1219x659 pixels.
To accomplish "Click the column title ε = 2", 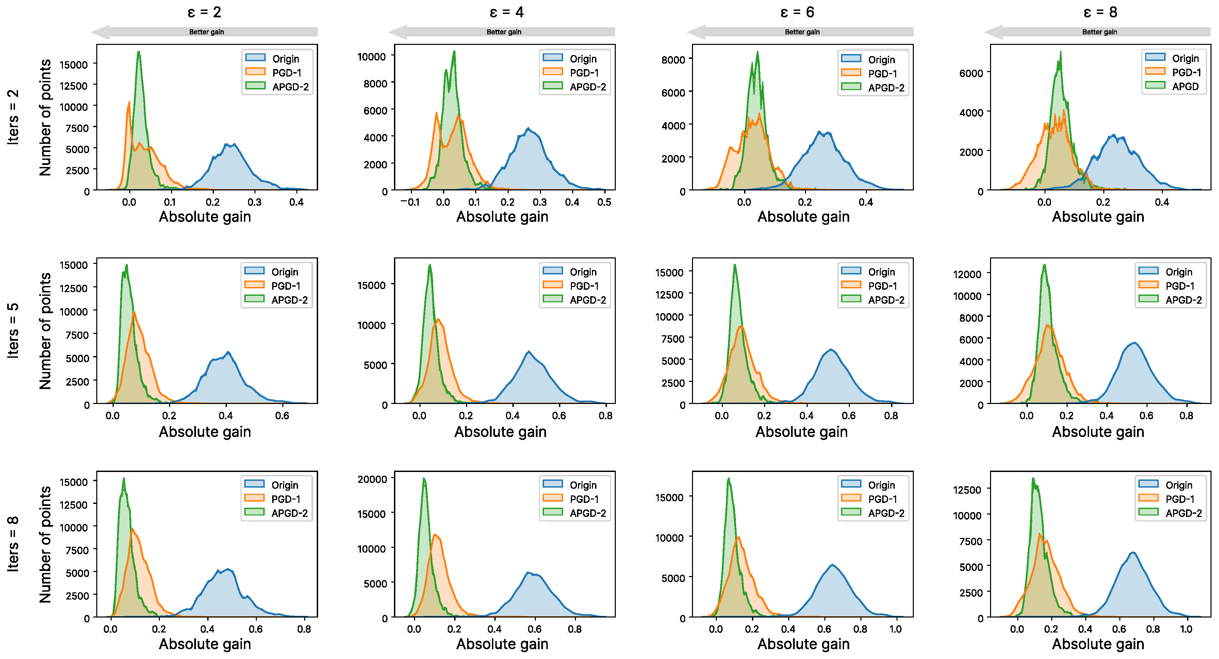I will tap(204, 12).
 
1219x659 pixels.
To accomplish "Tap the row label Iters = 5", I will tap(13, 330).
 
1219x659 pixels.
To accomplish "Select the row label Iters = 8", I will tap(13, 544).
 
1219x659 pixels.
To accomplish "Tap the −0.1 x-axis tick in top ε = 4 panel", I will tap(410, 202).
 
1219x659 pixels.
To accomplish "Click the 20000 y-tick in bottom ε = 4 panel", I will tap(372, 479).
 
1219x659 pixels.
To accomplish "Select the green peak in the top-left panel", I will tap(139, 52).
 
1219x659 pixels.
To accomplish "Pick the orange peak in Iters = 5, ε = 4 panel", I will tap(438, 319).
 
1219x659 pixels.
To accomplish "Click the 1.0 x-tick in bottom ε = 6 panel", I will tap(895, 629).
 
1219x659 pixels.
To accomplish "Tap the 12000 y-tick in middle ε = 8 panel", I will tap(967, 274).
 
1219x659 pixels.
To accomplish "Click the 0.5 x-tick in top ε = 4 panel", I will tap(604, 202).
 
